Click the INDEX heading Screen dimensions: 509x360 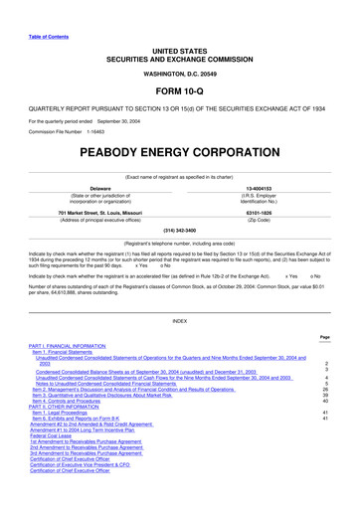pos(180,321)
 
